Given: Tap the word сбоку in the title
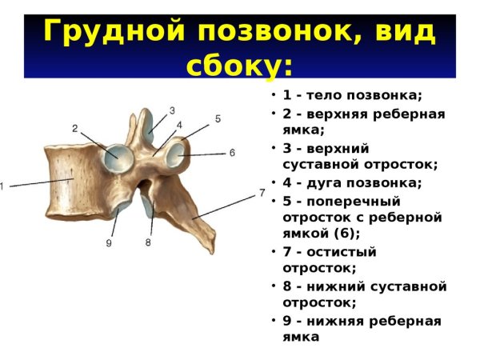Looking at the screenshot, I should coord(233,64).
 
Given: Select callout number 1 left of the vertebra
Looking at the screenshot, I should coord(2,186).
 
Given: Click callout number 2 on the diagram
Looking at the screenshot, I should coord(74,128).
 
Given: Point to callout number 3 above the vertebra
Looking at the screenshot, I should coord(171,110).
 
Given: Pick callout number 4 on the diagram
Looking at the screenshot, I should coord(179,125).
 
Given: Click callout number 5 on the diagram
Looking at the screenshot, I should coord(218,118).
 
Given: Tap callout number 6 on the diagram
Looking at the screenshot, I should coord(231,152).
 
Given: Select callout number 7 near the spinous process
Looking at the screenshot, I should coord(262,193).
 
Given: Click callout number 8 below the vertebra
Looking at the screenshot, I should coord(148,242).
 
